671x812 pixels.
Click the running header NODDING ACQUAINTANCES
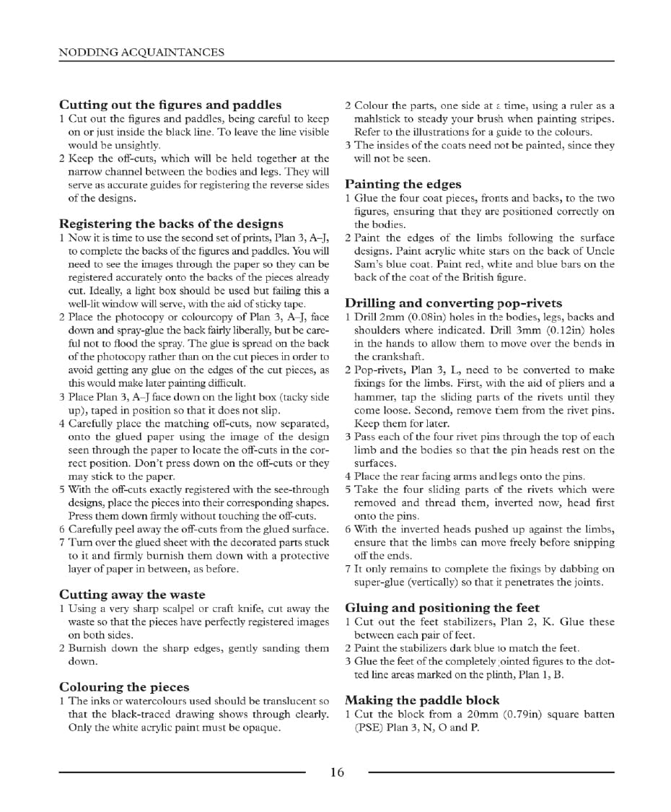pyautogui.click(x=141, y=52)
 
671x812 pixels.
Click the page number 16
pyautogui.click(x=337, y=772)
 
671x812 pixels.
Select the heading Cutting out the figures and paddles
pyautogui.click(x=170, y=105)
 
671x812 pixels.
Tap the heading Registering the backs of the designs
pyautogui.click(x=171, y=224)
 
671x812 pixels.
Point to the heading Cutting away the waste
pyautogui.click(x=132, y=595)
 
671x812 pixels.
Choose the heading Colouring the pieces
pyautogui.click(x=124, y=687)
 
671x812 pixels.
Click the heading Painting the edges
pyautogui.click(x=403, y=184)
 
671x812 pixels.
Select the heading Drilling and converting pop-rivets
pyautogui.click(x=453, y=303)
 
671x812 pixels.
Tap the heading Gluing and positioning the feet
pyautogui.click(x=442, y=608)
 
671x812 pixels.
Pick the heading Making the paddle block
pyautogui.click(x=422, y=700)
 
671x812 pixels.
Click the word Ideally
pyautogui.click(x=84, y=304)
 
